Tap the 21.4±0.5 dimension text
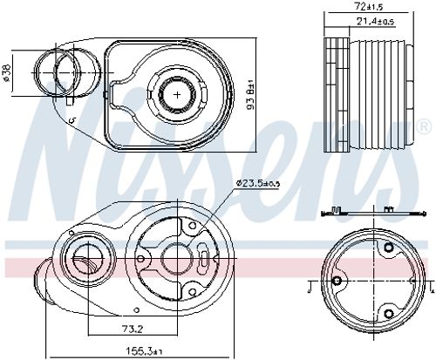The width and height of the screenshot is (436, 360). [x=375, y=22]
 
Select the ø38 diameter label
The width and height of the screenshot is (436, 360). [x=7, y=72]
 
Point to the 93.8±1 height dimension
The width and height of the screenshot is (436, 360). [x=250, y=95]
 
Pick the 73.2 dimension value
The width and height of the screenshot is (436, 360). [x=133, y=329]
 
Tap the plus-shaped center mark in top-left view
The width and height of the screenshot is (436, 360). [x=177, y=94]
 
